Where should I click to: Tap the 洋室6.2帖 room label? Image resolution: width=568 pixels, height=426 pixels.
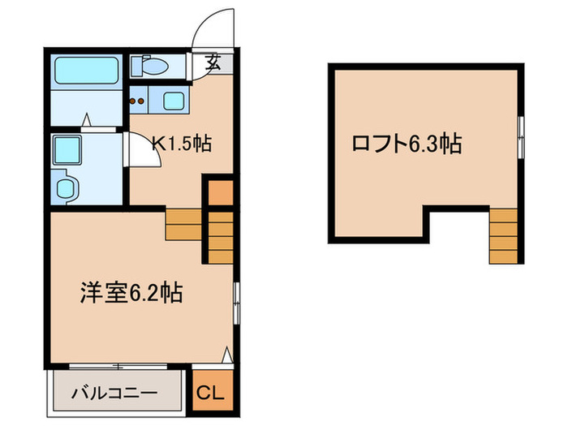tap(130, 293)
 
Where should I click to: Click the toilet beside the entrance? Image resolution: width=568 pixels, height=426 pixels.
tap(152, 66)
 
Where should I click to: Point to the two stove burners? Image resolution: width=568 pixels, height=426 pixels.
tap(139, 102)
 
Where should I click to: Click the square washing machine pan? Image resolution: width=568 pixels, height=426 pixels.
tap(65, 150)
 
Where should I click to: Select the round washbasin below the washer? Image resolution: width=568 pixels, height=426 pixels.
tap(64, 188)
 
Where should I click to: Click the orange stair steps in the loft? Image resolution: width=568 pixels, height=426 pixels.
tap(503, 236)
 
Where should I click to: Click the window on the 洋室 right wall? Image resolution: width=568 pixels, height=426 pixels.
tap(236, 302)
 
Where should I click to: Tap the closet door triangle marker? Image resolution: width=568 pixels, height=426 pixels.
tap(228, 355)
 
